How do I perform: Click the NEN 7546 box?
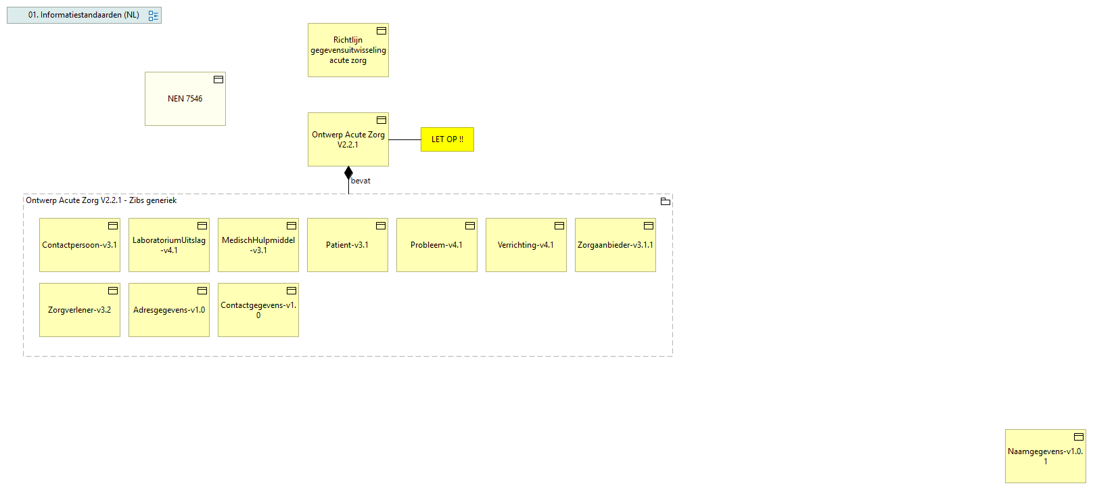[185, 99]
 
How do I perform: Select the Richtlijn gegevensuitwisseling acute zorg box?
[348, 50]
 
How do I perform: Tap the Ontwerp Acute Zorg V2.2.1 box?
[348, 139]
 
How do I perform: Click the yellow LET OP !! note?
[447, 139]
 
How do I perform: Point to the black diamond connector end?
[348, 173]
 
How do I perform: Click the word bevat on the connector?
[361, 181]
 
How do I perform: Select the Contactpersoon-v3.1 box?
[79, 245]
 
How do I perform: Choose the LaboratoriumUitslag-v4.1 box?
[168, 245]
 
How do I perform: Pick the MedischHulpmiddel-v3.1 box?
[258, 245]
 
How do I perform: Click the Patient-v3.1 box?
[347, 245]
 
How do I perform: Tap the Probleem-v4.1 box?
[436, 245]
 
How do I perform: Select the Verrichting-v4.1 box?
[526, 245]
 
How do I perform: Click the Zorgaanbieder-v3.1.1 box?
[615, 245]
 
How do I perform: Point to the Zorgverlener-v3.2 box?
[79, 310]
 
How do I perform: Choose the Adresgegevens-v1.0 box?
[168, 310]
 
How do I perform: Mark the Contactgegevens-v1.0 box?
[258, 310]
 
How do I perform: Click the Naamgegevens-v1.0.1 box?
[1045, 456]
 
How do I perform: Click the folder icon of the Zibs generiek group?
[665, 201]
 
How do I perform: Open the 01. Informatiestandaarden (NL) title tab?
[84, 15]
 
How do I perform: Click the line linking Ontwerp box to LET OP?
[404, 139]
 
